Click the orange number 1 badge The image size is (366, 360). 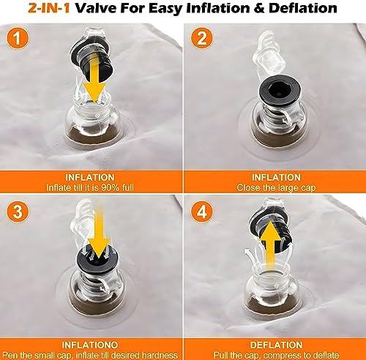coord(17,38)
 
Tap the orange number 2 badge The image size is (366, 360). coord(201,38)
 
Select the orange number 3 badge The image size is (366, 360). coord(17,211)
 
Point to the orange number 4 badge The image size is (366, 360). coord(201,211)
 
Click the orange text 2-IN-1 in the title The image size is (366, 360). coord(49,8)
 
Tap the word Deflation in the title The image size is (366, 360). coord(303,8)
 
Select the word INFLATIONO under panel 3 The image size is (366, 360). coord(90,345)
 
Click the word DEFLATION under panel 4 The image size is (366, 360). coord(277,345)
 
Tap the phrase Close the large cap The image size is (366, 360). coord(276,188)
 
